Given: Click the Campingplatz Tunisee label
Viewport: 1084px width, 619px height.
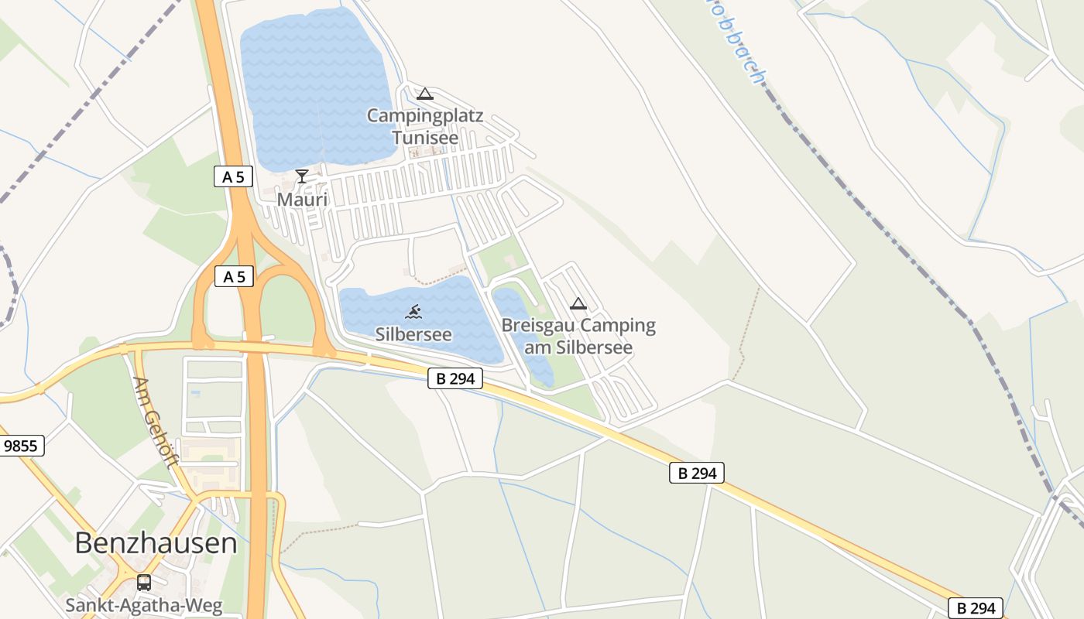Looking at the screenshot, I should (424, 127).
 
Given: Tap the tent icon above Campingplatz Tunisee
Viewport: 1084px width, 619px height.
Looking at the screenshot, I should (424, 94).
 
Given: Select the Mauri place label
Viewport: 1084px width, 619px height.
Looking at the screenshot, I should (303, 200).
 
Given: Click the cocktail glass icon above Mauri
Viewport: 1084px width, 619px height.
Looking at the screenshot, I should (302, 176).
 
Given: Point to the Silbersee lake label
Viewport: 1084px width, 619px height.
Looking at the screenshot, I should (413, 334).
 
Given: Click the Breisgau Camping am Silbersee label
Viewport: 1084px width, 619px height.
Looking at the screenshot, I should (578, 336).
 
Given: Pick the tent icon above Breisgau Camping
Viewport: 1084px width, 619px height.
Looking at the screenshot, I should (578, 303).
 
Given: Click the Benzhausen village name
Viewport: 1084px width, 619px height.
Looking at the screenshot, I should (156, 543).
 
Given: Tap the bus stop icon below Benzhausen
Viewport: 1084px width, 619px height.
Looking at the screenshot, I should (144, 582).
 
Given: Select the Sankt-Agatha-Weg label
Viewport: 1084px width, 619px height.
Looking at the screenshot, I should (144, 605).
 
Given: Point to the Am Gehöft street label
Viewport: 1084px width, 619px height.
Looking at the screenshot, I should (157, 422).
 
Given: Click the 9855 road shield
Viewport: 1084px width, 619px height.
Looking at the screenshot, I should (21, 446).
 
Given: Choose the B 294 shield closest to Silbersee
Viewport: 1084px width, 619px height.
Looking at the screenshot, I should (455, 378).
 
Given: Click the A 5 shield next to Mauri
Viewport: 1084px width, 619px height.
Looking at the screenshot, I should (233, 177).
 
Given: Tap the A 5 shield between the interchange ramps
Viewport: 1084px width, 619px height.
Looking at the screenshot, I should (234, 276).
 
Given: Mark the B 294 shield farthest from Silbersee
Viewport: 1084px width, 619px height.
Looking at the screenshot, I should (976, 608).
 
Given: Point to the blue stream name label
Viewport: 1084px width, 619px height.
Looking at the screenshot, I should (743, 54).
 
